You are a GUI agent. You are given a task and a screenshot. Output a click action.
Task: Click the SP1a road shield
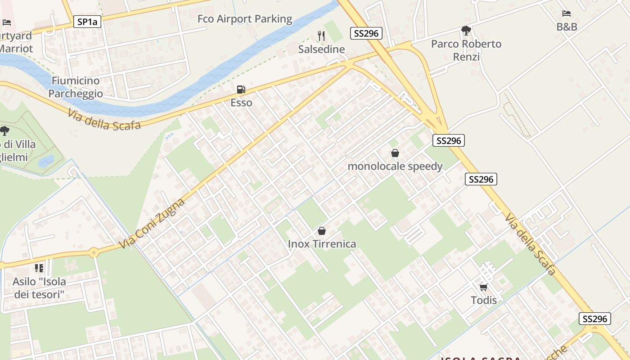[x=87, y=22]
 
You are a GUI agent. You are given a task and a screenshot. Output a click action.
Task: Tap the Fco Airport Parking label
[x=245, y=19]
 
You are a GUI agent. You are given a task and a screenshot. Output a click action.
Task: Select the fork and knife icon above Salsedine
[x=321, y=36]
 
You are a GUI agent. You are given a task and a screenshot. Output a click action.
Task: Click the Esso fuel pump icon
[x=241, y=90]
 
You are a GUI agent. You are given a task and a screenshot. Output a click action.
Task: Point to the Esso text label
[x=241, y=103]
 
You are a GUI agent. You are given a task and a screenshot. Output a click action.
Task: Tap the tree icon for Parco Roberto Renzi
[x=466, y=31]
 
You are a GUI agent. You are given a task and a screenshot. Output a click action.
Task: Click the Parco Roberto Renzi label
[x=466, y=50]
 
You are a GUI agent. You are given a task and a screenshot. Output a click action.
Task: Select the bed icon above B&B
[x=567, y=13]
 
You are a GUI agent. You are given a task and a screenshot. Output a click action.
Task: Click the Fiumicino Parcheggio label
[x=76, y=87]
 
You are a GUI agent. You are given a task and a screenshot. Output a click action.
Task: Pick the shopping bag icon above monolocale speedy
[x=395, y=153]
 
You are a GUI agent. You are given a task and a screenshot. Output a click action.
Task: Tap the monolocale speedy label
[x=395, y=166]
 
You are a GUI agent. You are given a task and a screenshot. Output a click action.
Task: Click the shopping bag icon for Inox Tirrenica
[x=322, y=231]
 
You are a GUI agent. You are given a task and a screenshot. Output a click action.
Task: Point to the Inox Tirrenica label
[x=322, y=244]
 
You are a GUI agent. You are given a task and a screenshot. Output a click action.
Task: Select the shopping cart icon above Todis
[x=483, y=287]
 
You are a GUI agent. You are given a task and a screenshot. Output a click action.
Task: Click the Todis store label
[x=484, y=300]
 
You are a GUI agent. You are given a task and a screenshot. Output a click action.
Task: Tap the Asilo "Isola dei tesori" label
[x=39, y=288]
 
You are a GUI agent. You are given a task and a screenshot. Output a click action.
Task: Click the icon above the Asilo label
[x=39, y=268]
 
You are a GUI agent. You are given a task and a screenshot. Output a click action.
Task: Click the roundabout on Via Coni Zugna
[x=94, y=252]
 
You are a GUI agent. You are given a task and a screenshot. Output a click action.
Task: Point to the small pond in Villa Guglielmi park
[x=46, y=161]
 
